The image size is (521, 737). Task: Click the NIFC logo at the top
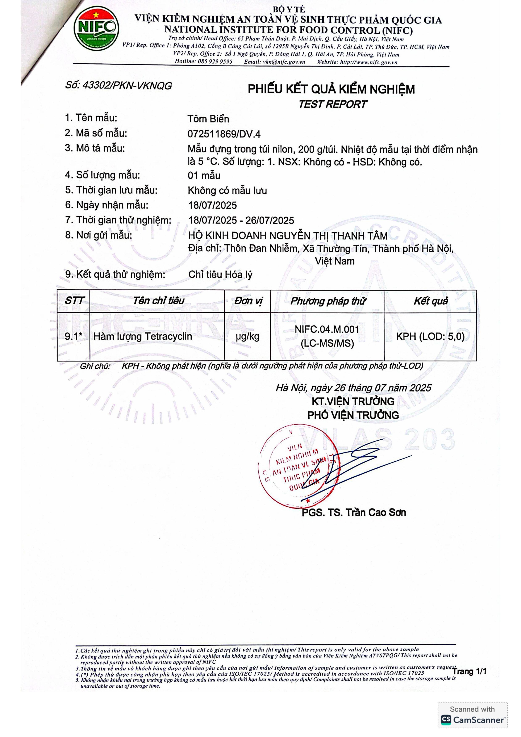pos(96,28)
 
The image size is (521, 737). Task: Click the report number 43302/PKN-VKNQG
pos(127,86)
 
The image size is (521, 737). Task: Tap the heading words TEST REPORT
pos(332,104)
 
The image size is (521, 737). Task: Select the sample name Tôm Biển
pos(208,119)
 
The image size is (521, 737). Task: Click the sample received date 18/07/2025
pos(213,205)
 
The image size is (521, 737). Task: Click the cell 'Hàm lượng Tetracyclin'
pos(143,336)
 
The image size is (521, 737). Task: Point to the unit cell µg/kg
pos(247,336)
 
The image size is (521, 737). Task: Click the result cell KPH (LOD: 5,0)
pos(430,336)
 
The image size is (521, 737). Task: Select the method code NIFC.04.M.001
pos(327,329)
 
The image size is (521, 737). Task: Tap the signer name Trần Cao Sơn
pos(376,513)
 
